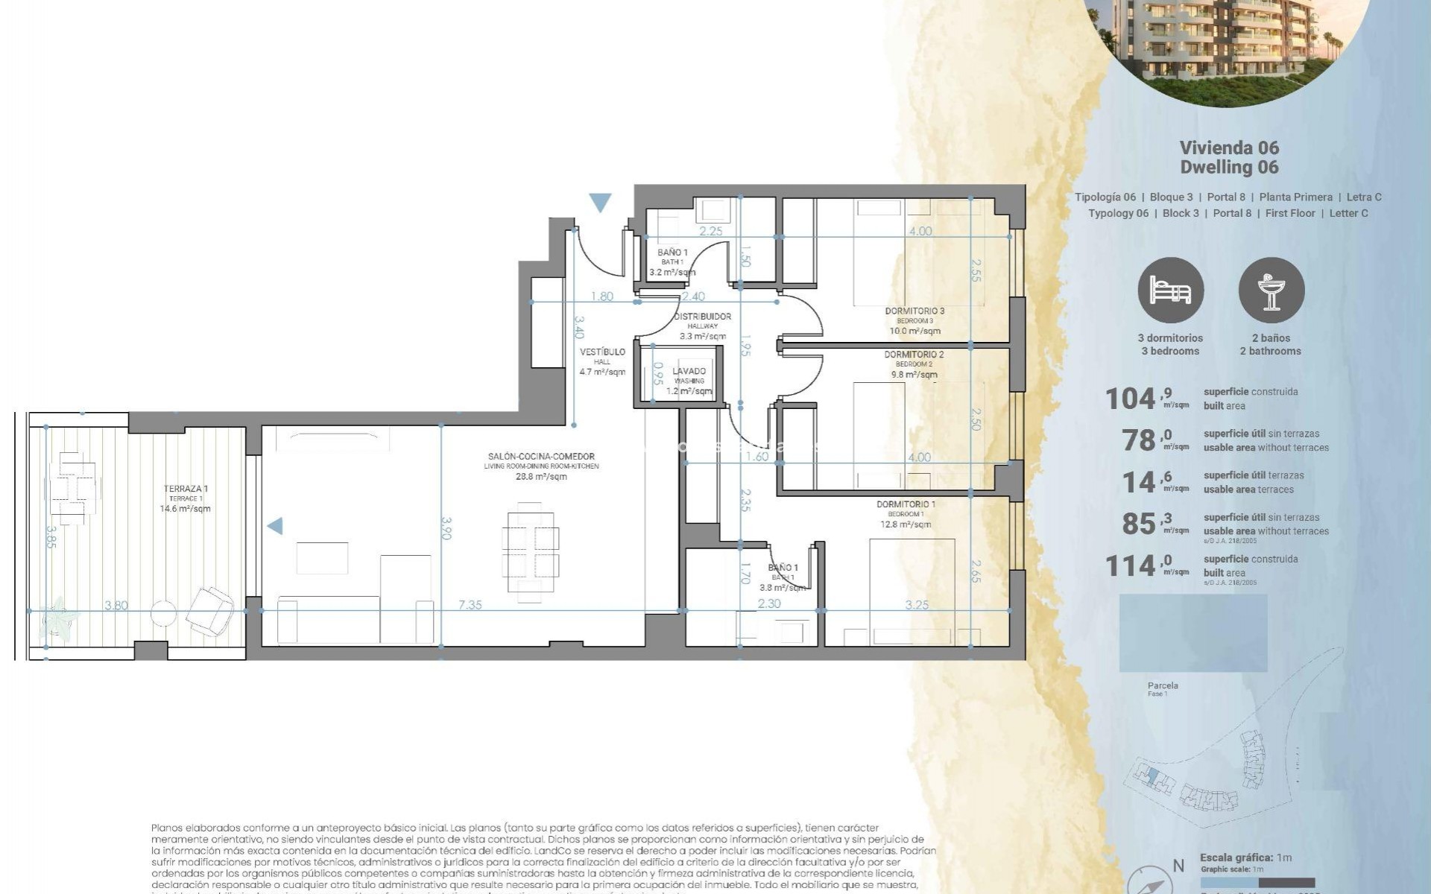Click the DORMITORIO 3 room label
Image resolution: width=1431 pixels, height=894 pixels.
pos(914,311)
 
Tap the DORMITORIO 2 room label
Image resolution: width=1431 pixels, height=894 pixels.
pos(914,355)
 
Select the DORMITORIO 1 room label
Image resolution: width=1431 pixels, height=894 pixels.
pos(906,504)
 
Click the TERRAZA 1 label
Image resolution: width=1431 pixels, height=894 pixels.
pos(186,489)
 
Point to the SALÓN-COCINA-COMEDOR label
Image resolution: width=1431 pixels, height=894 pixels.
pos(541,457)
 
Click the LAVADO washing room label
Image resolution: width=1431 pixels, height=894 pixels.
pos(689,372)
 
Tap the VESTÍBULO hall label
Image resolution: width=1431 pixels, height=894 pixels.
pos(602,352)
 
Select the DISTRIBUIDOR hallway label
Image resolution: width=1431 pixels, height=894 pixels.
pos(702,317)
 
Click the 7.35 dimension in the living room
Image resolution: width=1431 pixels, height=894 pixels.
pos(470,605)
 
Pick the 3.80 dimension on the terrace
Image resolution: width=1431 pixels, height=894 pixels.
pos(116,606)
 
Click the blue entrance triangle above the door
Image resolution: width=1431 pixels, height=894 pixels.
pos(600,202)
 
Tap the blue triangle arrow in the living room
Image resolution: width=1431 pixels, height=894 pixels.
pos(275,526)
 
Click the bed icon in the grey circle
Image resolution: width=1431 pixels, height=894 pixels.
pos(1170,291)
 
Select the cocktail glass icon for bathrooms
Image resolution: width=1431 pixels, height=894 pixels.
pos(1271,291)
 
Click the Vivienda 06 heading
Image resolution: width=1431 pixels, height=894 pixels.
pos(1229,148)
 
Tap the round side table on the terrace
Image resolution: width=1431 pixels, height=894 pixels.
pos(163,614)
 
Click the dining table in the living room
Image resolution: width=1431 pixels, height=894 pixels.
pos(530,552)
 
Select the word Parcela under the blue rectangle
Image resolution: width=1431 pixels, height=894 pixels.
pos(1163,685)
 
